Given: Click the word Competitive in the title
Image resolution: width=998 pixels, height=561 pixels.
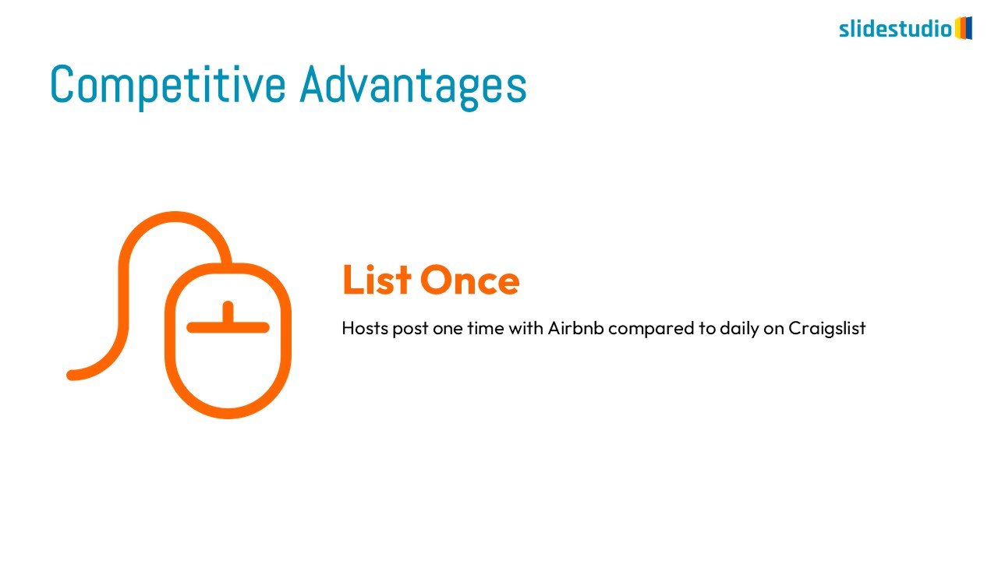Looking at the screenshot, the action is pyautogui.click(x=168, y=85).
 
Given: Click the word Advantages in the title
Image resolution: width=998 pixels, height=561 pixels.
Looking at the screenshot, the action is pyautogui.click(x=413, y=85).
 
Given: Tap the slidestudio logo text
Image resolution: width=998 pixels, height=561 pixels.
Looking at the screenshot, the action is pyautogui.click(x=896, y=29).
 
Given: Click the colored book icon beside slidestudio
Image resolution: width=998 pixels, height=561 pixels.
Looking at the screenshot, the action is pyautogui.click(x=963, y=28).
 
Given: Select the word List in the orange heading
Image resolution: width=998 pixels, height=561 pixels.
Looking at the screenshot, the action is pyautogui.click(x=377, y=280).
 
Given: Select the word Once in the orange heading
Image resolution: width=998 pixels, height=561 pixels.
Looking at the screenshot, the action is pyautogui.click(x=469, y=280).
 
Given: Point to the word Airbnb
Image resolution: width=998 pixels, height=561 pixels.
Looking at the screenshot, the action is pyautogui.click(x=575, y=328).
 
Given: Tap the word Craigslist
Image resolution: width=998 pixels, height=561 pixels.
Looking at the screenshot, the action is pyautogui.click(x=827, y=329).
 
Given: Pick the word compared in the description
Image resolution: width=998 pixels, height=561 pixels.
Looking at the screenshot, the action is pyautogui.click(x=651, y=329).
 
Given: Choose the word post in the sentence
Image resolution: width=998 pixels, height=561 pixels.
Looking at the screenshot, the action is pyautogui.click(x=410, y=329).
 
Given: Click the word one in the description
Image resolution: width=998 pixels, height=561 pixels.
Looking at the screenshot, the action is pyautogui.click(x=448, y=330).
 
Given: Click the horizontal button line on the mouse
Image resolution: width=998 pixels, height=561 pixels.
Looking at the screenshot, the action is pyautogui.click(x=228, y=328).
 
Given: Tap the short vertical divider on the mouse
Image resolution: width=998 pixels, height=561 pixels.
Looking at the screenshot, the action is pyautogui.click(x=228, y=312).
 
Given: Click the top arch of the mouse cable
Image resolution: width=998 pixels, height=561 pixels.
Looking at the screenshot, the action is pyautogui.click(x=175, y=217).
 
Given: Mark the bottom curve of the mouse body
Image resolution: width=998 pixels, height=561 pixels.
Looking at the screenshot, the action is pyautogui.click(x=228, y=413).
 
